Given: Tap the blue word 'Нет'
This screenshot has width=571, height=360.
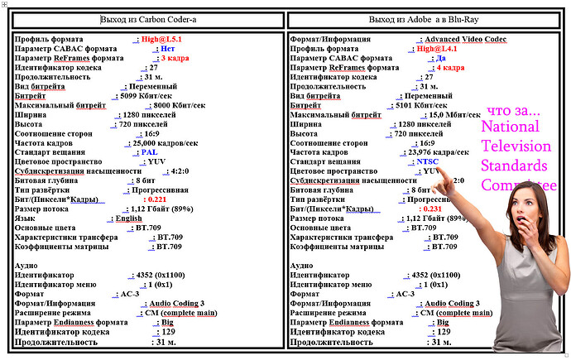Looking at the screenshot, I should pyautogui.click(x=167, y=49).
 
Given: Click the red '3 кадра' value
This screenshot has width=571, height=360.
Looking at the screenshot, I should pyautogui.click(x=175, y=58).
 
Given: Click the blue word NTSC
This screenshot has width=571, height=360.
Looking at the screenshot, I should pyautogui.click(x=430, y=161).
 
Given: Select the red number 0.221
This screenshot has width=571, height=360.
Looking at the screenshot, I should pyautogui.click(x=156, y=199).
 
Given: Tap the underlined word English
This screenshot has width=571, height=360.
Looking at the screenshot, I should pyautogui.click(x=128, y=218).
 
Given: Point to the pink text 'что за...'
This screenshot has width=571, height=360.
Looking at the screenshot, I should pyautogui.click(x=513, y=111).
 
